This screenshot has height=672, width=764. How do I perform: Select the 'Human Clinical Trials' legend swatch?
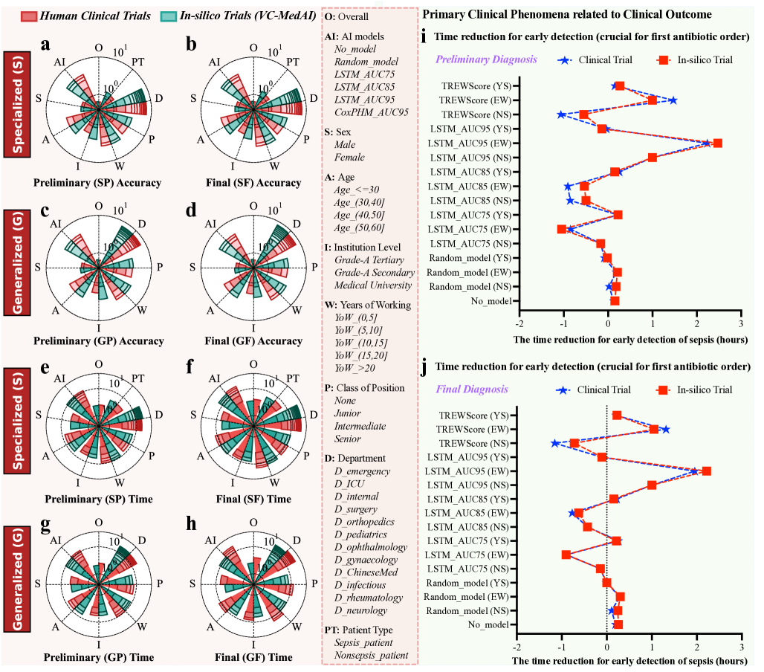[30, 16]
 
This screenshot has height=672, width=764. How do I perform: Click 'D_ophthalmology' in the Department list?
[371, 547]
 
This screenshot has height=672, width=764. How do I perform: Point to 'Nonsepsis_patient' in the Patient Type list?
[371, 655]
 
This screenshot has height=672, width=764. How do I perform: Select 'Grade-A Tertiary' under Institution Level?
[369, 260]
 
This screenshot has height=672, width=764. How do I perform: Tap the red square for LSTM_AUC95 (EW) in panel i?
[717, 143]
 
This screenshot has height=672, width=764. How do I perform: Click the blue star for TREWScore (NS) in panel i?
[561, 114]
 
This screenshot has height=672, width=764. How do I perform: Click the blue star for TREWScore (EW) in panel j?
[666, 430]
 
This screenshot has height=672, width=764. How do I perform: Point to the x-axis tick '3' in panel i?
[740, 324]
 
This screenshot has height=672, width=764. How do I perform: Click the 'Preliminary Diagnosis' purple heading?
[487, 59]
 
